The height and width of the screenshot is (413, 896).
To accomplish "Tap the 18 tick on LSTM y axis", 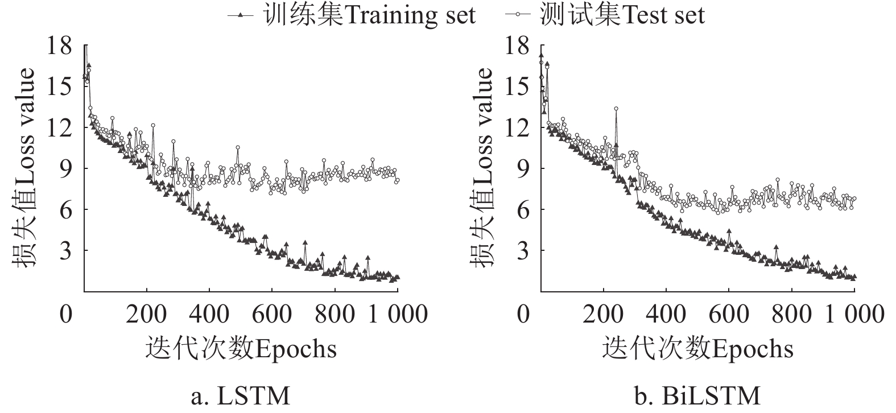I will (x=61, y=46).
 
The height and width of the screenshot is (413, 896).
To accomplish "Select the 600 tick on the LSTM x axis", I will (x=272, y=313).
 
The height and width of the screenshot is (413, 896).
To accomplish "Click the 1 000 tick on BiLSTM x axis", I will (x=855, y=313).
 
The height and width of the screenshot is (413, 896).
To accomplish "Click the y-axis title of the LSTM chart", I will (x=24, y=168).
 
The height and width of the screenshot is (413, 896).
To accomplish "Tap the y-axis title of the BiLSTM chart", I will (x=481, y=168).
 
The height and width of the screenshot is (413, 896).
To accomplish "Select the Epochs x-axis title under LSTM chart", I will (x=241, y=348).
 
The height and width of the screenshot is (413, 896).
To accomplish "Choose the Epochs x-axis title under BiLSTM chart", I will (x=698, y=348).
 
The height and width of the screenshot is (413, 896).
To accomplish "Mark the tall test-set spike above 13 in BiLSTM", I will (x=616, y=109).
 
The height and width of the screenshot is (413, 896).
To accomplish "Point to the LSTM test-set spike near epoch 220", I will (x=153, y=125).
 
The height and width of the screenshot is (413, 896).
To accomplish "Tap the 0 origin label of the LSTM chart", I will (x=67, y=313).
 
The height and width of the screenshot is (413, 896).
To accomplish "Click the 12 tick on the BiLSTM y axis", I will (x=517, y=127).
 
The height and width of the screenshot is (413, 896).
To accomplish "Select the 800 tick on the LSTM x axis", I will (x=335, y=313).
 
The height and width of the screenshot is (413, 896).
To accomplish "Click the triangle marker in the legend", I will (x=241, y=16).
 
